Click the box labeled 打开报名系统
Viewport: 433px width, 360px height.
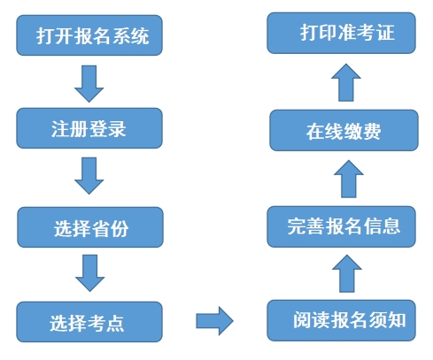[89, 35]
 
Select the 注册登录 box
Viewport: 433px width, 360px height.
[89, 128]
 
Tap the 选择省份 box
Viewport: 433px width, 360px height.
[90, 227]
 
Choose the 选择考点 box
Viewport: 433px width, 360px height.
[89, 322]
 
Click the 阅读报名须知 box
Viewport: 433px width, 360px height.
[342, 320]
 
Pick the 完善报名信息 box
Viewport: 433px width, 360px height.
[342, 226]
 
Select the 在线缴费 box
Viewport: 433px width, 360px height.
[344, 130]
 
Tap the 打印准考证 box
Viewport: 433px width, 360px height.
[342, 33]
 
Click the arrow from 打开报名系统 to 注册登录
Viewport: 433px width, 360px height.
[89, 84]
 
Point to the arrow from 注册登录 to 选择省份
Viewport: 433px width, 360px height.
[89, 176]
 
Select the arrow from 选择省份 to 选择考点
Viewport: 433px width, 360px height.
[90, 273]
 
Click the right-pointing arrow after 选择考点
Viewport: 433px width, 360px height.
[215, 321]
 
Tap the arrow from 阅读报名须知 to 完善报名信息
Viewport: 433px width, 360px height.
[347, 273]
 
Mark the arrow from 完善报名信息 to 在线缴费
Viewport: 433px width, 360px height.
[349, 179]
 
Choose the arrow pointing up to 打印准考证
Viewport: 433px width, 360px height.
[346, 82]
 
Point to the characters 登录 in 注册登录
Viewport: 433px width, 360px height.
[107, 129]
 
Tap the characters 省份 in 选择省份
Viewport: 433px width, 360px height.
[110, 228]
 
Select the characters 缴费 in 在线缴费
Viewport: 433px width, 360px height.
[362, 132]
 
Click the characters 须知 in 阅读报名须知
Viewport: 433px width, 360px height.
[387, 320]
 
